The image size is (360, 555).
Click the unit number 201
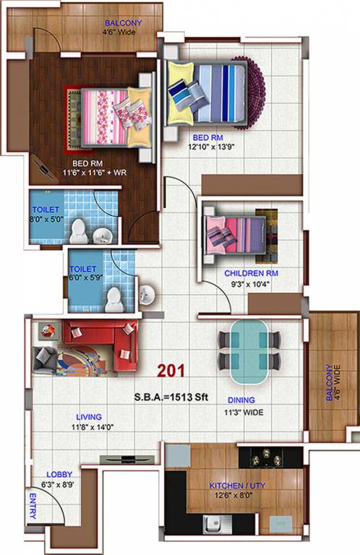(x=172, y=371)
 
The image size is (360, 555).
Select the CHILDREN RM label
(x=251, y=274)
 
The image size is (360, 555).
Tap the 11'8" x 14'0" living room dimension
(x=91, y=427)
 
